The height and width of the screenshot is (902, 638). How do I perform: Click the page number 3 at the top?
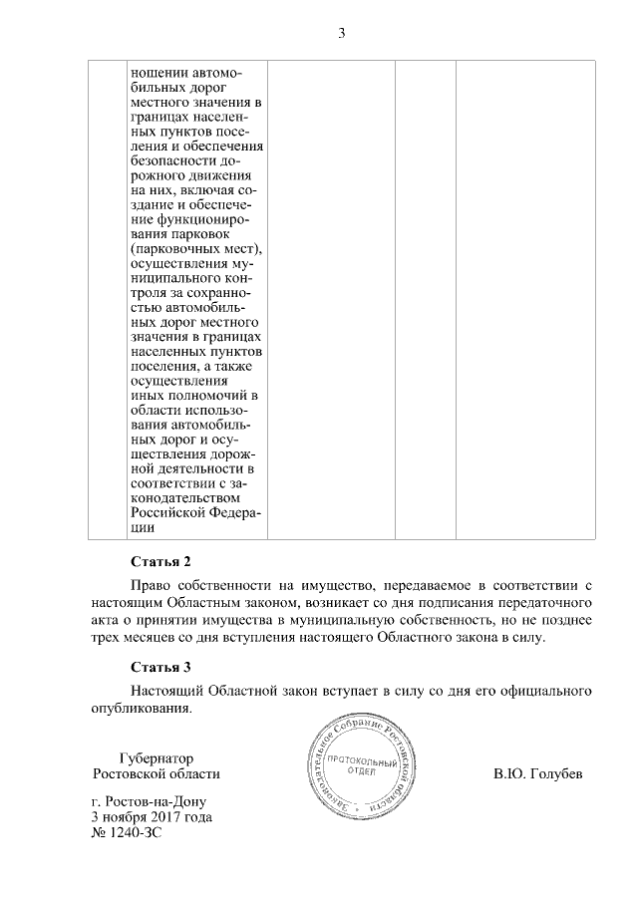pyautogui.click(x=341, y=33)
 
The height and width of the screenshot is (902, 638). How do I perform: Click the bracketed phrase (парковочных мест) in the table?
pyautogui.click(x=194, y=248)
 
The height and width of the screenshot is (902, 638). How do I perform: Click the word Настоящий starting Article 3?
pyautogui.click(x=168, y=690)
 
